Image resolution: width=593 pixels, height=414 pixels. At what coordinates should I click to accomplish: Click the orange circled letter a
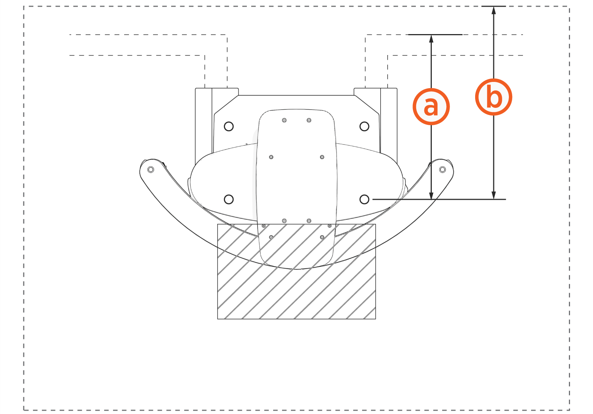431,106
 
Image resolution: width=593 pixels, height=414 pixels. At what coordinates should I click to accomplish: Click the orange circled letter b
493,97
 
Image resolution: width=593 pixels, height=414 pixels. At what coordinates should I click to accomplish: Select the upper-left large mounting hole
229,126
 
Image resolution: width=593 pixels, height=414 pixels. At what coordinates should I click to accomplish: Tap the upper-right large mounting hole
364,126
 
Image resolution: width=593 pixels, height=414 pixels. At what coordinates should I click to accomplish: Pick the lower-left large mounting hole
229,199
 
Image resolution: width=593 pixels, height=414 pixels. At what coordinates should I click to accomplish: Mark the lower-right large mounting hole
364,199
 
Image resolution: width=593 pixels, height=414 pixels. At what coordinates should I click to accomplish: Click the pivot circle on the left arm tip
150,169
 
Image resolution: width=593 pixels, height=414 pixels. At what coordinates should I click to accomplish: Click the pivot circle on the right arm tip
442,169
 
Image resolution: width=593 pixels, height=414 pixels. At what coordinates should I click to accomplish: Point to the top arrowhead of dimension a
431,38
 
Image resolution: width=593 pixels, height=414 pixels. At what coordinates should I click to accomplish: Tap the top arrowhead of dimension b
493,10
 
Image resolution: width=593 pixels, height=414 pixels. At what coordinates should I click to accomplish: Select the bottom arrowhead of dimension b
493,195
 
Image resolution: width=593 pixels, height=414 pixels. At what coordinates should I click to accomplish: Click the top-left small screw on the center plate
284,120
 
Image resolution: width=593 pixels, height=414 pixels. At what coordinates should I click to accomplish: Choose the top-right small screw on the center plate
309,120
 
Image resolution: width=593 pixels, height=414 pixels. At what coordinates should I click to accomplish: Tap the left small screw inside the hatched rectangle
271,237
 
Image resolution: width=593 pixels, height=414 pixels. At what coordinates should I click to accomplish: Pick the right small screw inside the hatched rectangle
322,237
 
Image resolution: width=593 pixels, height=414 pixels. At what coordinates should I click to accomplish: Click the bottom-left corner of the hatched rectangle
218,319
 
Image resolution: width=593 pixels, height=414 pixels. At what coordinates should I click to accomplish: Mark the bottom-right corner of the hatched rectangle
375,319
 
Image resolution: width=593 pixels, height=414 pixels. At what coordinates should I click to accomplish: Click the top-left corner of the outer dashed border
24,6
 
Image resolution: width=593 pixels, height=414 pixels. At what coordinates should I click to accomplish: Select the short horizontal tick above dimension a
435,34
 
